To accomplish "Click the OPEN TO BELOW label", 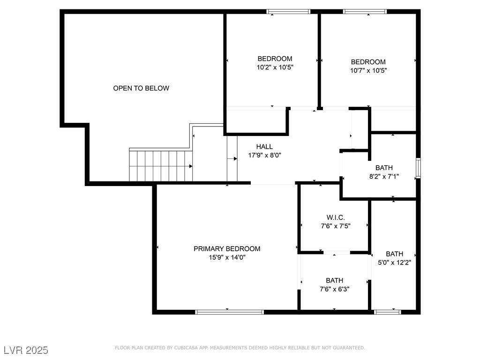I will (x=141, y=88).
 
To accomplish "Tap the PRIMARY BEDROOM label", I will (x=227, y=248).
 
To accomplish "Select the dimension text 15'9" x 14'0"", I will (x=227, y=257).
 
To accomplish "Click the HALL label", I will (x=264, y=147).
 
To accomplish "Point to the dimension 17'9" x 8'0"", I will (x=264, y=155).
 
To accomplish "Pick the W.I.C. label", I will (x=336, y=217).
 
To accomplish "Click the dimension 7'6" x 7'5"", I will (x=336, y=225).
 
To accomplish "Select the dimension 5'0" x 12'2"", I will (x=394, y=263).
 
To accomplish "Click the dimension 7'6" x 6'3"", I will (x=334, y=289).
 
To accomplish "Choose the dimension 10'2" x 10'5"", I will (x=275, y=67).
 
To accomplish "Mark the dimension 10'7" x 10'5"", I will (x=368, y=70).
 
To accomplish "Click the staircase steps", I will (x=161, y=166).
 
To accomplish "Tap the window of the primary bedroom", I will (x=229, y=312).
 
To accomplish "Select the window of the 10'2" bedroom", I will (x=289, y=12).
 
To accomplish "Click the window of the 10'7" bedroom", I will (x=365, y=12).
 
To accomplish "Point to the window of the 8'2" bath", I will (x=418, y=168).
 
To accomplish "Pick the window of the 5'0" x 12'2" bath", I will (x=388, y=312).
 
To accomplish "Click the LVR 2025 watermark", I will (x=26, y=350).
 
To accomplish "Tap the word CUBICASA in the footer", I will (x=189, y=348).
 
